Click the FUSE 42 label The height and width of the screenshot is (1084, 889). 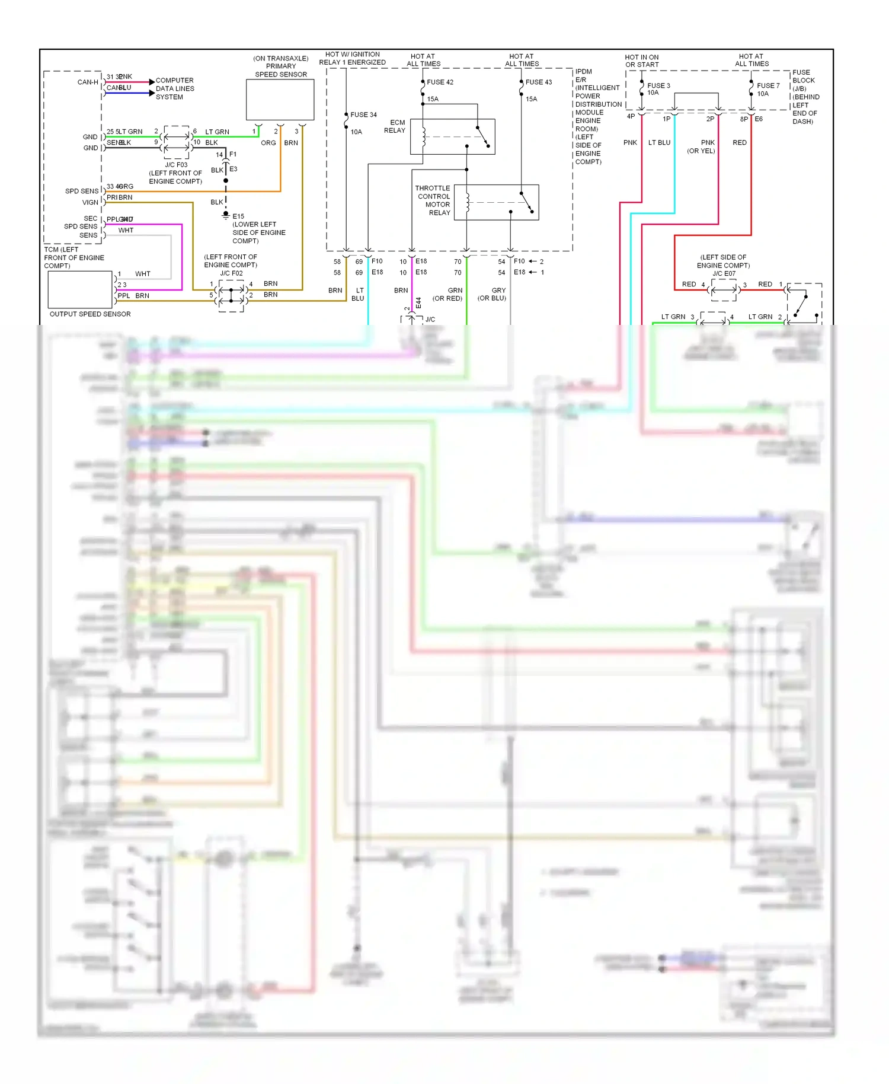[x=440, y=82]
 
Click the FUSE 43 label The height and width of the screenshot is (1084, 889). [x=538, y=82]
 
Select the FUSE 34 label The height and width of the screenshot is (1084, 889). [x=363, y=115]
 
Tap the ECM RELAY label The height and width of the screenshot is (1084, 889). [x=395, y=126]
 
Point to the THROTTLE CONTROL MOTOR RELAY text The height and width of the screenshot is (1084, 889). [x=433, y=200]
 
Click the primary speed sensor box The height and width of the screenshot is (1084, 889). [x=280, y=100]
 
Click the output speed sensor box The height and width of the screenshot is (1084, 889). [x=79, y=289]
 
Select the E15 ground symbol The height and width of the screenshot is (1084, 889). [x=225, y=215]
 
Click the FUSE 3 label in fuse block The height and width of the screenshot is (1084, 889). [x=658, y=86]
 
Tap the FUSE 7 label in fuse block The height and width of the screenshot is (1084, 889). [x=768, y=86]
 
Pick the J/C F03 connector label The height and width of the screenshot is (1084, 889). [x=176, y=165]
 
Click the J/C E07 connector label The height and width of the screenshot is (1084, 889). [x=724, y=273]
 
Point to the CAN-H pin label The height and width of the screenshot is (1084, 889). [x=88, y=82]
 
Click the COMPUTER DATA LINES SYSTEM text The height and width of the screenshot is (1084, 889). [x=175, y=89]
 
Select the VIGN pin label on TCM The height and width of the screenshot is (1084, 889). [x=90, y=203]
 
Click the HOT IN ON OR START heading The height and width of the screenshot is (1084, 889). [x=642, y=61]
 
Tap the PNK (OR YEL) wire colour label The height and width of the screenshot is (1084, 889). [x=702, y=147]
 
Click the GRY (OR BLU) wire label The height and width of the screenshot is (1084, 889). [x=492, y=295]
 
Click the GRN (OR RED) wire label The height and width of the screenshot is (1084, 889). [x=448, y=295]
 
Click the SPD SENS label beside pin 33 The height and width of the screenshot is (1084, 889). [x=82, y=192]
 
